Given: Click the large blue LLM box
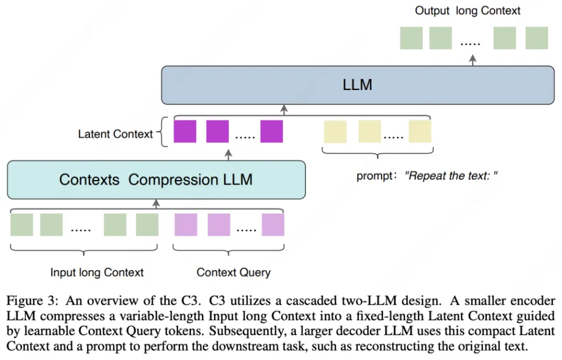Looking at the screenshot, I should click(357, 85).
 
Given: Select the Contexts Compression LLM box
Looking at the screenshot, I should click(156, 179).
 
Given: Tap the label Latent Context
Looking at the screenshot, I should click(116, 134).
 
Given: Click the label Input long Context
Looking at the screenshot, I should click(97, 272).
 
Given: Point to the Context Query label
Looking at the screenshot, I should click(234, 272).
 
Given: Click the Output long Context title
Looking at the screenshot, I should click(467, 10).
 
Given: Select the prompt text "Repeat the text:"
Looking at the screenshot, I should click(453, 176).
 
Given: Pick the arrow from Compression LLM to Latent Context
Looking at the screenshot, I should click(228, 153).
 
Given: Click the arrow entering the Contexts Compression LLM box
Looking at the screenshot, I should click(155, 203).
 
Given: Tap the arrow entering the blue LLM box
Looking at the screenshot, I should click(284, 109).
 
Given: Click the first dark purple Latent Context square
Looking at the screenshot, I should click(185, 131).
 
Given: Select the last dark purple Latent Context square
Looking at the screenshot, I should click(272, 131).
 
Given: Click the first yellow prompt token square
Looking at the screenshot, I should click(335, 131).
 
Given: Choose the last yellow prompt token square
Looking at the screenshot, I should click(419, 131).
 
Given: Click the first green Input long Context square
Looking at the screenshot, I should click(21, 225).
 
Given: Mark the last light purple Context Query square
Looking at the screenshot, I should click(273, 225).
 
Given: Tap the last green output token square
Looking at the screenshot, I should click(537, 38).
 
